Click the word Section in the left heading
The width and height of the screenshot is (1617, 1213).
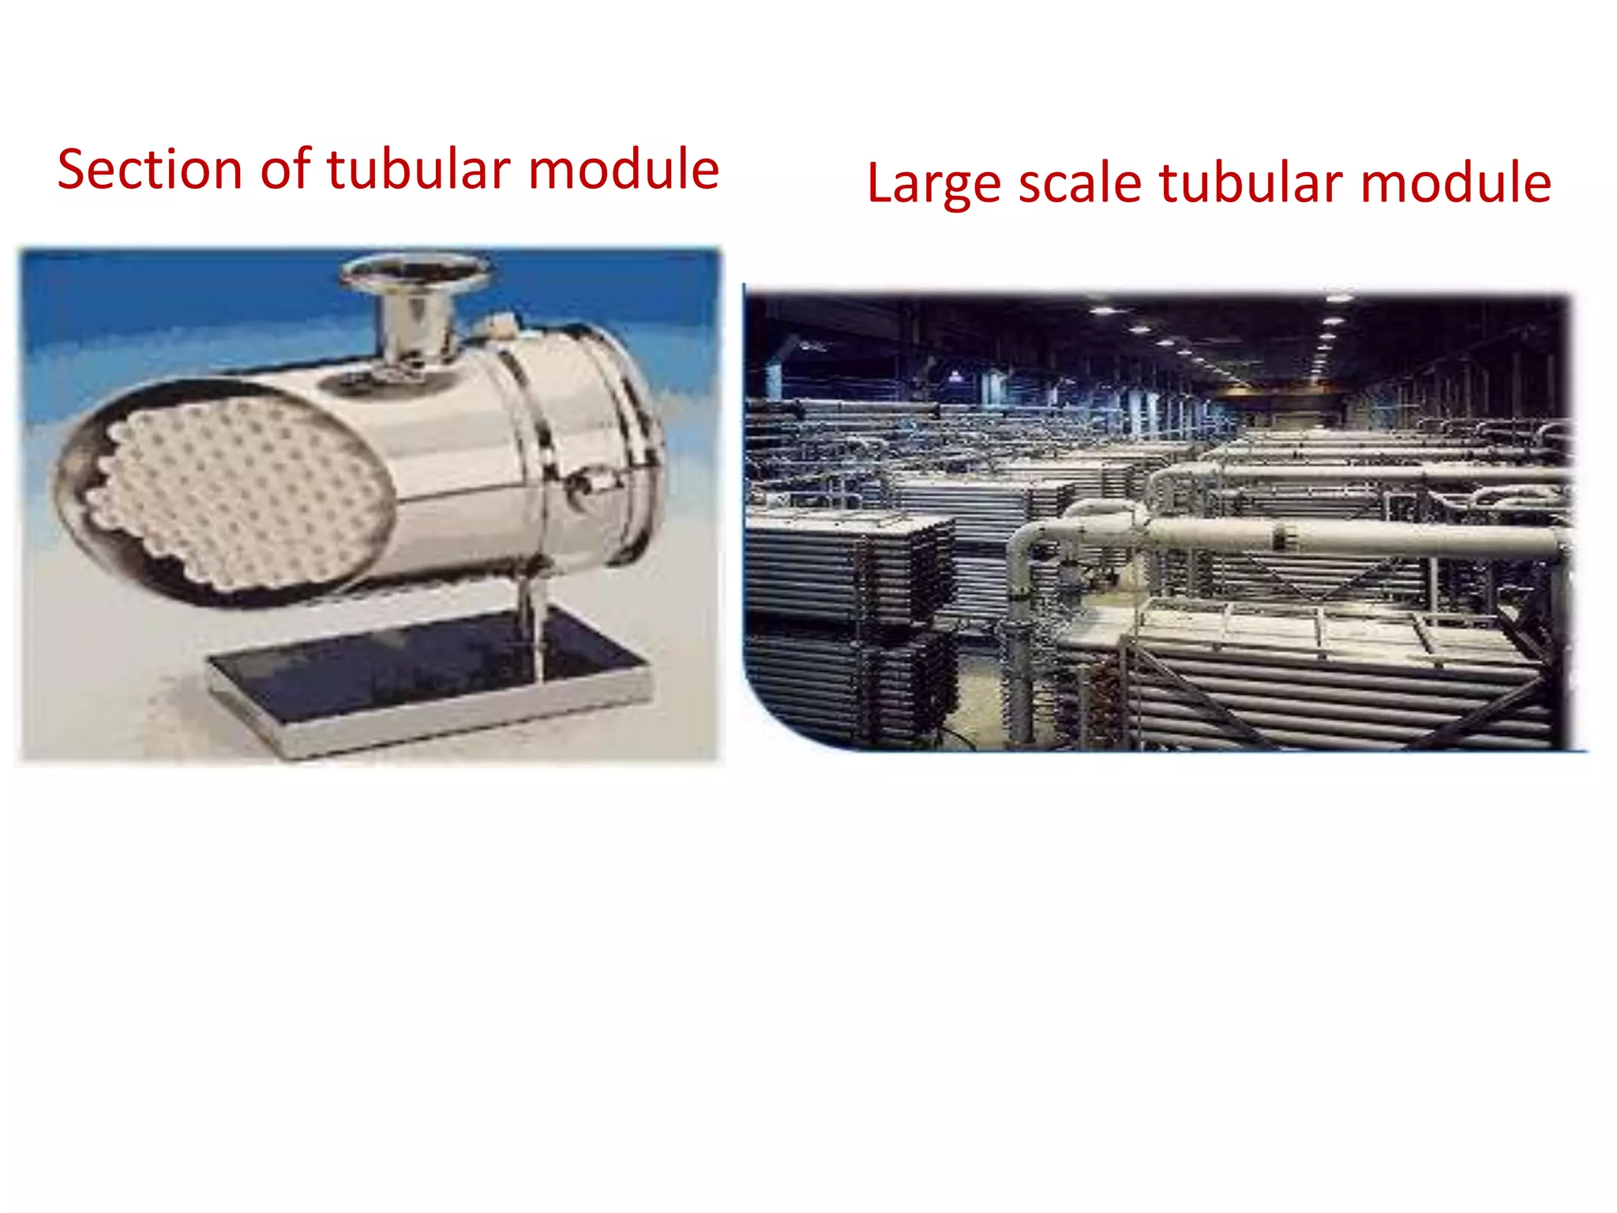point(150,170)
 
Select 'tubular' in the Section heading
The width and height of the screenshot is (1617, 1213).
point(419,170)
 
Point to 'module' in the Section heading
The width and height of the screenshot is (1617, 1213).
point(624,170)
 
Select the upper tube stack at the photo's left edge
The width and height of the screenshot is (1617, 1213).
point(845,569)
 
